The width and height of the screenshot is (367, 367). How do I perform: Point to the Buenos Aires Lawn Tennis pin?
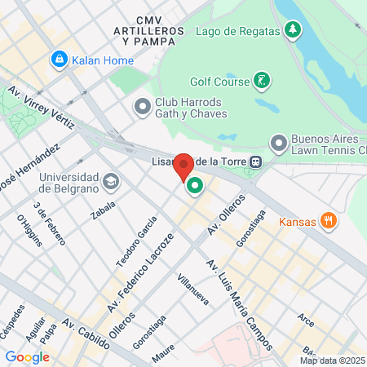point(279,144)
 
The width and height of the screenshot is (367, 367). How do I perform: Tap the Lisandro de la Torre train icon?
point(256,161)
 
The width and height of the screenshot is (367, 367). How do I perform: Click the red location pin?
point(184,166)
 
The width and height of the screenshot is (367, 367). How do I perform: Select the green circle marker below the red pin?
point(195,187)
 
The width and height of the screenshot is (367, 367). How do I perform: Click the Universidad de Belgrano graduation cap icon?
point(111,180)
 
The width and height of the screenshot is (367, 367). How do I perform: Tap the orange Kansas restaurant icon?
point(328,220)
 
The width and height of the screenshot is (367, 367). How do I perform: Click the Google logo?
point(28,356)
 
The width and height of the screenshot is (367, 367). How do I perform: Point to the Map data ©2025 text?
point(330,360)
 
